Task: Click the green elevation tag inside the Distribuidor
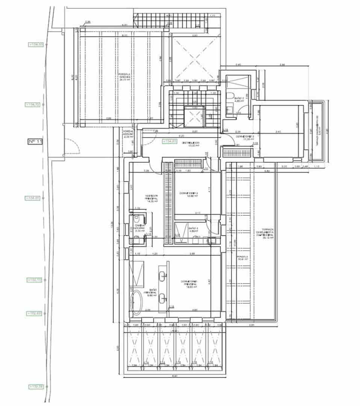click(169, 141)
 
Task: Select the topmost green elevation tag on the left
click(36, 44)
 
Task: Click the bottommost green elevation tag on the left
click(36, 386)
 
